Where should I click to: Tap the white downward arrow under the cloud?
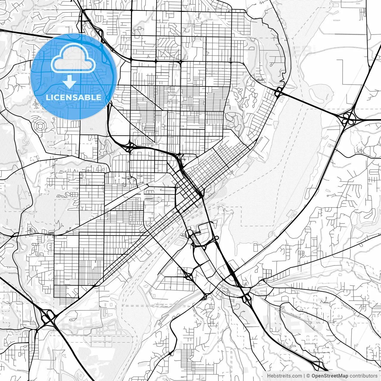[x=70, y=82]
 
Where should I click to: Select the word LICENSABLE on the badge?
[x=74, y=97]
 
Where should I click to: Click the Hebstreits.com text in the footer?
[x=284, y=376]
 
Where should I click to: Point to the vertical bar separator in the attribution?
[x=304, y=376]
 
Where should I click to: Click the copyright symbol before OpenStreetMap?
[x=309, y=376]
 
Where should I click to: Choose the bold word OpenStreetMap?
[x=330, y=376]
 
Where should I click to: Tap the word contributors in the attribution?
[x=363, y=376]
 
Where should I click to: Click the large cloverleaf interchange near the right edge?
[x=347, y=118]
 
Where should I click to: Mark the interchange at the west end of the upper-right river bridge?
[x=279, y=93]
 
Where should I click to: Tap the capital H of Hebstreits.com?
[x=269, y=376]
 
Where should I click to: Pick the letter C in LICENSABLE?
[x=57, y=97]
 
